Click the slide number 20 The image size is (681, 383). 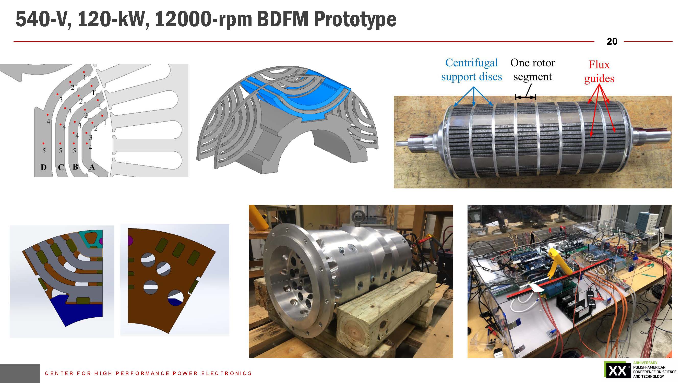click(612, 42)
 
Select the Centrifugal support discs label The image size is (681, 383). click(472, 70)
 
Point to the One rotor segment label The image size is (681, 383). click(533, 70)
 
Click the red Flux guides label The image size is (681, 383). click(599, 72)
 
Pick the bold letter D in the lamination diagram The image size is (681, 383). click(44, 167)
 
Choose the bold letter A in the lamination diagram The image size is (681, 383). click(92, 167)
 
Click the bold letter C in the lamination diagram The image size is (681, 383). click(61, 167)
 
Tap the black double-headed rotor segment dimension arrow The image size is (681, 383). click(525, 97)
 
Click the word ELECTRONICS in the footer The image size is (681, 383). click(226, 373)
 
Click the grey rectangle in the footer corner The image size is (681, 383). click(20, 374)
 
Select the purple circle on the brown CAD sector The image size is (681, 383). click(130, 241)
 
